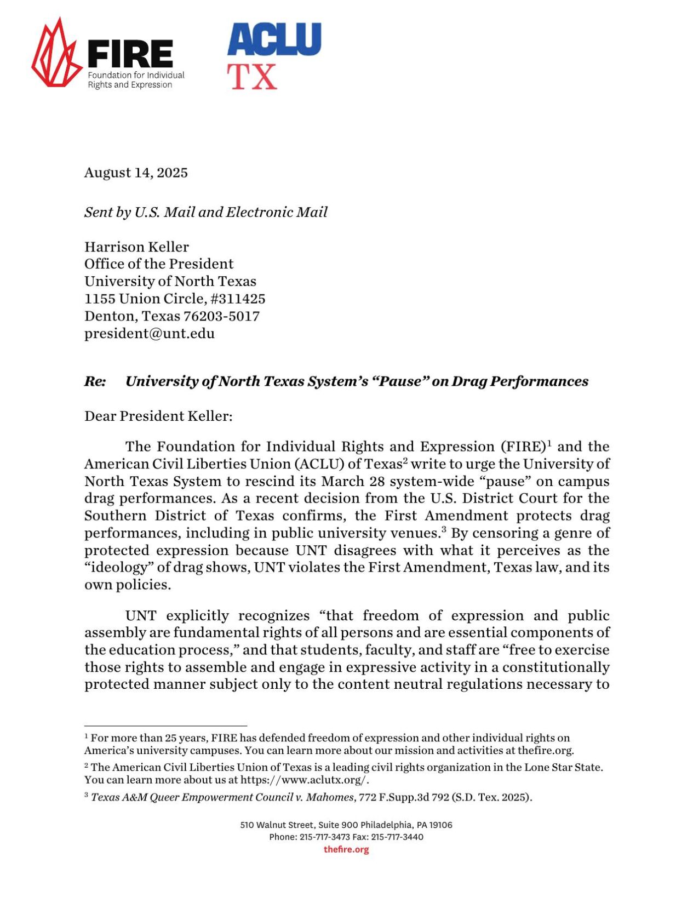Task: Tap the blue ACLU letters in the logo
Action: pos(274,39)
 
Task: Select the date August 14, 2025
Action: pos(136,173)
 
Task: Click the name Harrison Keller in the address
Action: pos(136,247)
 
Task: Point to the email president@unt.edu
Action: pos(149,333)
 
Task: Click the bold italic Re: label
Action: pos(95,381)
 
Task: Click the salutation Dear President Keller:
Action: pos(158,416)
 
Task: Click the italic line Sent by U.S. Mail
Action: pos(205,212)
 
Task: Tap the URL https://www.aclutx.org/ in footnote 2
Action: pos(304,780)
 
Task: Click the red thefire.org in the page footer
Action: pos(346,849)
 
